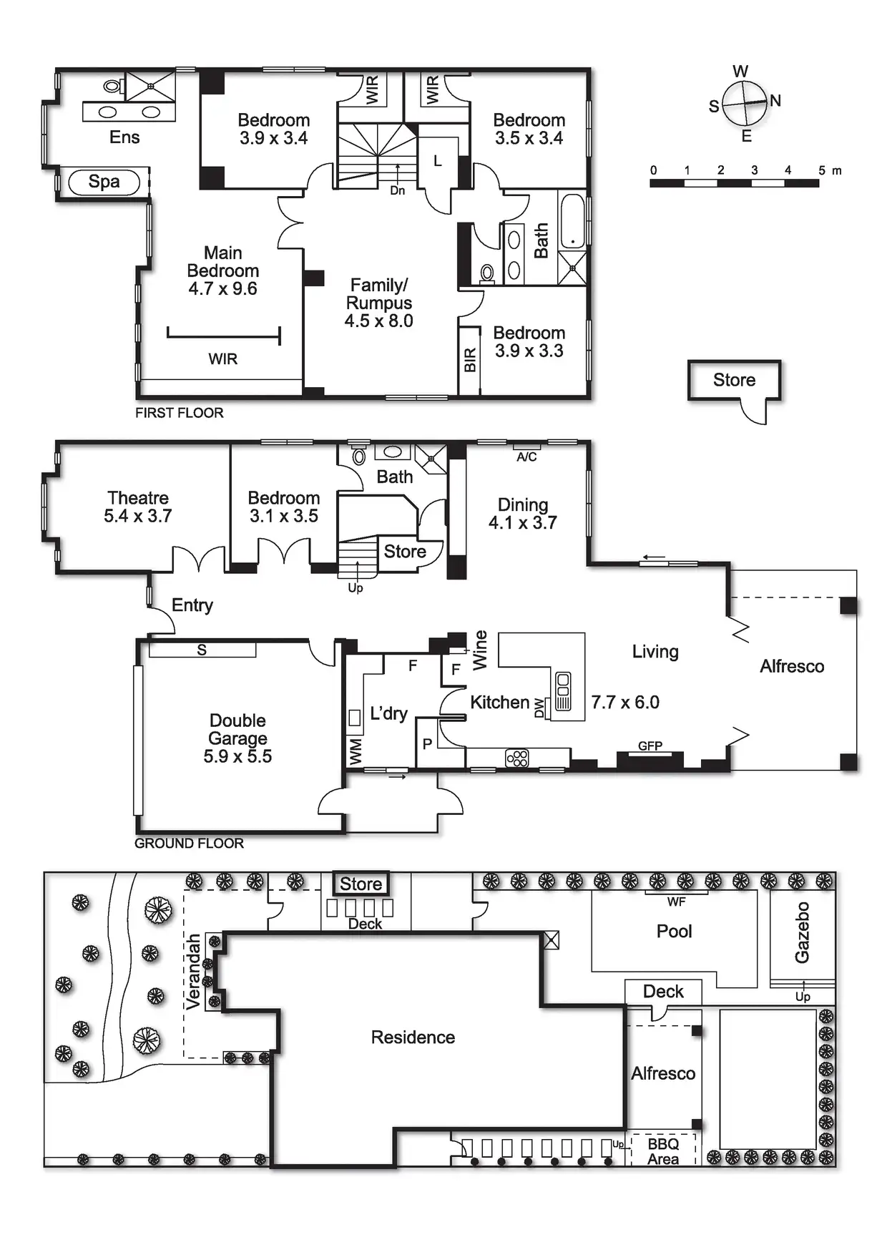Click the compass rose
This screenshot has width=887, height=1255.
pos(745,104)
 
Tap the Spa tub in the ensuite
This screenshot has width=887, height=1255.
pos(104,182)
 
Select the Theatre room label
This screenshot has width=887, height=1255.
pos(138,498)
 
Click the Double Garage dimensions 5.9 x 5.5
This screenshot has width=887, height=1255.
pos(237,757)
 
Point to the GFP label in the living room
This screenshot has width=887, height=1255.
pos(650,746)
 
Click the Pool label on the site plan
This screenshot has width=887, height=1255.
pos(674,932)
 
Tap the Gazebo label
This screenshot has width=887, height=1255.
pos(803,932)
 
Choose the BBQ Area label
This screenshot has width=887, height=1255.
pos(663,1151)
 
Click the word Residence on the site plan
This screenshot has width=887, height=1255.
pos(413,1037)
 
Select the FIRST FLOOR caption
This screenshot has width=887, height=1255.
pos(179,413)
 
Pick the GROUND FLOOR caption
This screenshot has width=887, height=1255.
pos(189,844)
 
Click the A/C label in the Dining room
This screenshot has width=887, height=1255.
pos(526,457)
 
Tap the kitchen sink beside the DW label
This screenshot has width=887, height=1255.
pos(563,690)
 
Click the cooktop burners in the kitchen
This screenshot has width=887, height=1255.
pos(516,758)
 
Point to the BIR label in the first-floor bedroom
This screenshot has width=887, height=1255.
pos(470,360)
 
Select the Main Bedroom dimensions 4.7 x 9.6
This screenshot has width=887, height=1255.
pos(222,289)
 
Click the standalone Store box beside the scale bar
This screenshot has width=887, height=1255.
pos(734,380)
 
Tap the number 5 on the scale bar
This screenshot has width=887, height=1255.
pos(822,170)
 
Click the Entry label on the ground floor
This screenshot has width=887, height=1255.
pos(192,605)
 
